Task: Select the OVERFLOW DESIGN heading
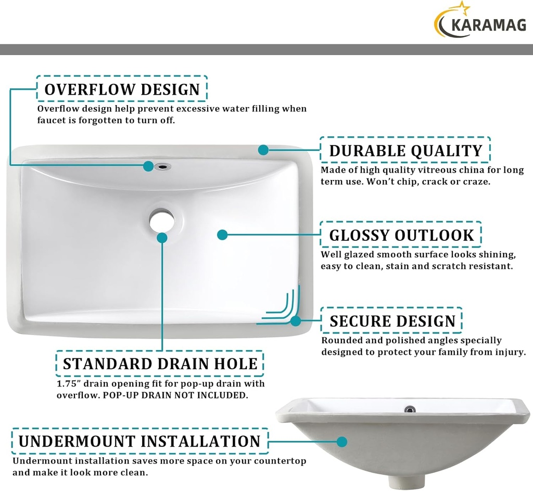122,89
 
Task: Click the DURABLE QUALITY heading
405,151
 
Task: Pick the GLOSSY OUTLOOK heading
401,235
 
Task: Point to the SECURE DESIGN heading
392,321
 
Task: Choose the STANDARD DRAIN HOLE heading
160,364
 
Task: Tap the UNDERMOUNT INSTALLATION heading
139,442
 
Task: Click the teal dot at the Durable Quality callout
263,150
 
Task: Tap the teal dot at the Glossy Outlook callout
222,235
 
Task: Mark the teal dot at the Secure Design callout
296,320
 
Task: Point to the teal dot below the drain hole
162,238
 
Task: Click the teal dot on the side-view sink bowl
341,442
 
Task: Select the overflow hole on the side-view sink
410,409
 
